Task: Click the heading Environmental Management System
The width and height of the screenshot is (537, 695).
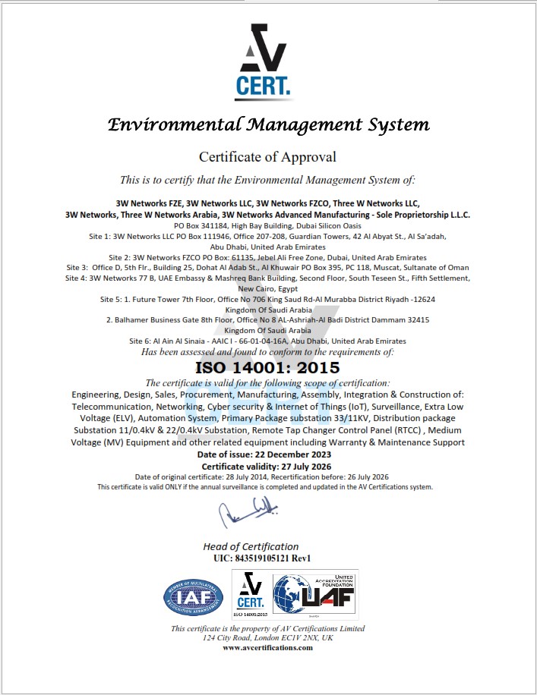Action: tap(268, 124)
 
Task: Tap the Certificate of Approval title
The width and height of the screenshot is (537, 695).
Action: tap(267, 157)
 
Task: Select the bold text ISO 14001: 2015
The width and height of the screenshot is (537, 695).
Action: tap(267, 368)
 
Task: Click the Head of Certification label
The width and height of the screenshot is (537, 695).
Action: tap(251, 546)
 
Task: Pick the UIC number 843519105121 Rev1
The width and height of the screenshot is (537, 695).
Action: tap(263, 558)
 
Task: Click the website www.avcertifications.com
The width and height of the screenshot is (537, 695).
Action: tap(267, 647)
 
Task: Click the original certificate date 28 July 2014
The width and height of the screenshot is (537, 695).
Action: tap(232, 476)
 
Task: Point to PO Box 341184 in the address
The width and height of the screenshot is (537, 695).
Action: tap(201, 226)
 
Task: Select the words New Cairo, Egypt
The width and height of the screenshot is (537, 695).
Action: tap(267, 289)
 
